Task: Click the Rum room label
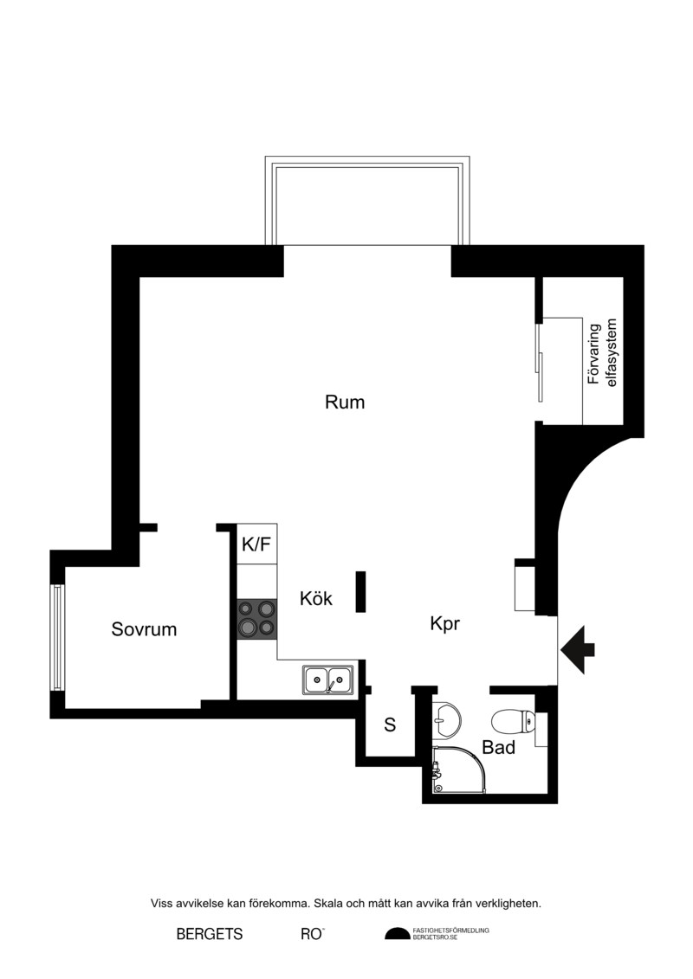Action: coord(344,403)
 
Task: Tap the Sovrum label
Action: coord(144,629)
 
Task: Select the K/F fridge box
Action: coord(256,544)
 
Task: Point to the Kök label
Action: coord(316,598)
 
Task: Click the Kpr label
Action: coord(445,624)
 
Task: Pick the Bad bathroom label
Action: coord(499,747)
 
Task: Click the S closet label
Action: coord(390,725)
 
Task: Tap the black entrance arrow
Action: coord(578,650)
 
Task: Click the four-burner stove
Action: coord(256,618)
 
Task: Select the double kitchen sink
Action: coord(328,680)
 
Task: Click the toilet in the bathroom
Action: coord(513,722)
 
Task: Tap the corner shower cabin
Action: coord(458,770)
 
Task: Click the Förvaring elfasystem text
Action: coord(602,353)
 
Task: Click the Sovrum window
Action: coord(57,637)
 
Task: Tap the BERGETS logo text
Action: coord(210,934)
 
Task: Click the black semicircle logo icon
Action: coord(398,933)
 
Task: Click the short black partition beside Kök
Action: coord(360,591)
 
